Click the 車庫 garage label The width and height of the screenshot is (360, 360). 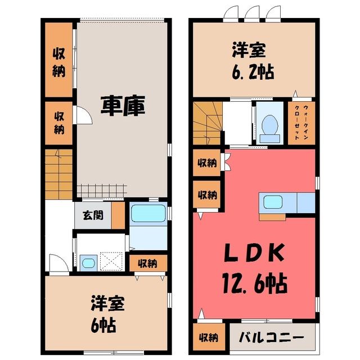pyautogui.click(x=123, y=106)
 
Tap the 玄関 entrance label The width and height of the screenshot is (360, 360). pyautogui.click(x=93, y=215)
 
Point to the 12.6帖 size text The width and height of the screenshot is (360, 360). pyautogui.click(x=255, y=283)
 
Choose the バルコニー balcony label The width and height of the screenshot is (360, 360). pyautogui.click(x=271, y=337)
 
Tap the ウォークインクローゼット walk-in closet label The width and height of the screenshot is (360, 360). pyautogui.click(x=301, y=123)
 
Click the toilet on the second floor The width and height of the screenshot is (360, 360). pyautogui.click(x=270, y=129)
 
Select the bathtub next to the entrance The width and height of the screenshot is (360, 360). pyautogui.click(x=148, y=213)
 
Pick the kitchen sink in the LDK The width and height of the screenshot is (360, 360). pyautogui.click(x=272, y=202)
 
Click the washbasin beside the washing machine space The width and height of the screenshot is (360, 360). pyautogui.click(x=88, y=263)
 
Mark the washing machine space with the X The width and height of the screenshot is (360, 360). pyautogui.click(x=111, y=261)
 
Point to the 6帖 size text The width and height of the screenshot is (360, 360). pyautogui.click(x=103, y=325)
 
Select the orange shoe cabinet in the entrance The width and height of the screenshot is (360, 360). pyautogui.click(x=118, y=215)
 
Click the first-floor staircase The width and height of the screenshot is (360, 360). pyautogui.click(x=58, y=174)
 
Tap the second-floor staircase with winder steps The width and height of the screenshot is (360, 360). pyautogui.click(x=208, y=123)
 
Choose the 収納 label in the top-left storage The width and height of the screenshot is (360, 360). pyautogui.click(x=58, y=62)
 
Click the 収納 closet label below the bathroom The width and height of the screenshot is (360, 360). pyautogui.click(x=147, y=263)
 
